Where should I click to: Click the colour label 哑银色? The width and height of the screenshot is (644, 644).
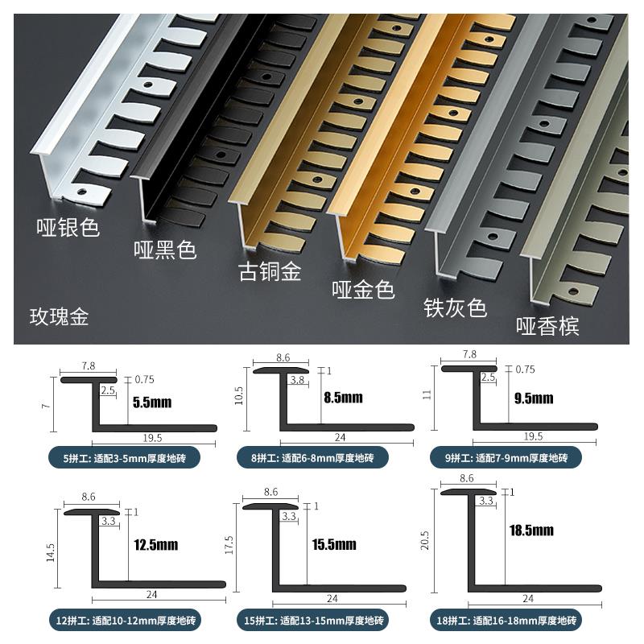(x=68, y=228)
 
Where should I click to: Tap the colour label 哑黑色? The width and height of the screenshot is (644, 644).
(x=165, y=250)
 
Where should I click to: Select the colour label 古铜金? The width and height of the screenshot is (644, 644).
(x=270, y=272)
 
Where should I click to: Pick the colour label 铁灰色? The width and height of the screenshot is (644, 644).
(x=455, y=308)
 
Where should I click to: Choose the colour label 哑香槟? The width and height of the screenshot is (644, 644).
(x=547, y=326)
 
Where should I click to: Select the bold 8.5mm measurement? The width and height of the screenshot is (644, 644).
(x=343, y=398)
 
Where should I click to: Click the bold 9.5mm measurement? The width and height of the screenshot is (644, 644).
(x=534, y=398)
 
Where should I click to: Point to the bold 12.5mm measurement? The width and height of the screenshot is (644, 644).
(x=156, y=546)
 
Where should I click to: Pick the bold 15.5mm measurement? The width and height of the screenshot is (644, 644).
(x=334, y=545)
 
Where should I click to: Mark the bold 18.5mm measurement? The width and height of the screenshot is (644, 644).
(x=531, y=530)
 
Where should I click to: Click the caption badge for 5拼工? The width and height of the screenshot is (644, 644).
(x=124, y=458)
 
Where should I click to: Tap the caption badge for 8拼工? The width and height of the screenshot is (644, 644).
(x=313, y=458)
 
